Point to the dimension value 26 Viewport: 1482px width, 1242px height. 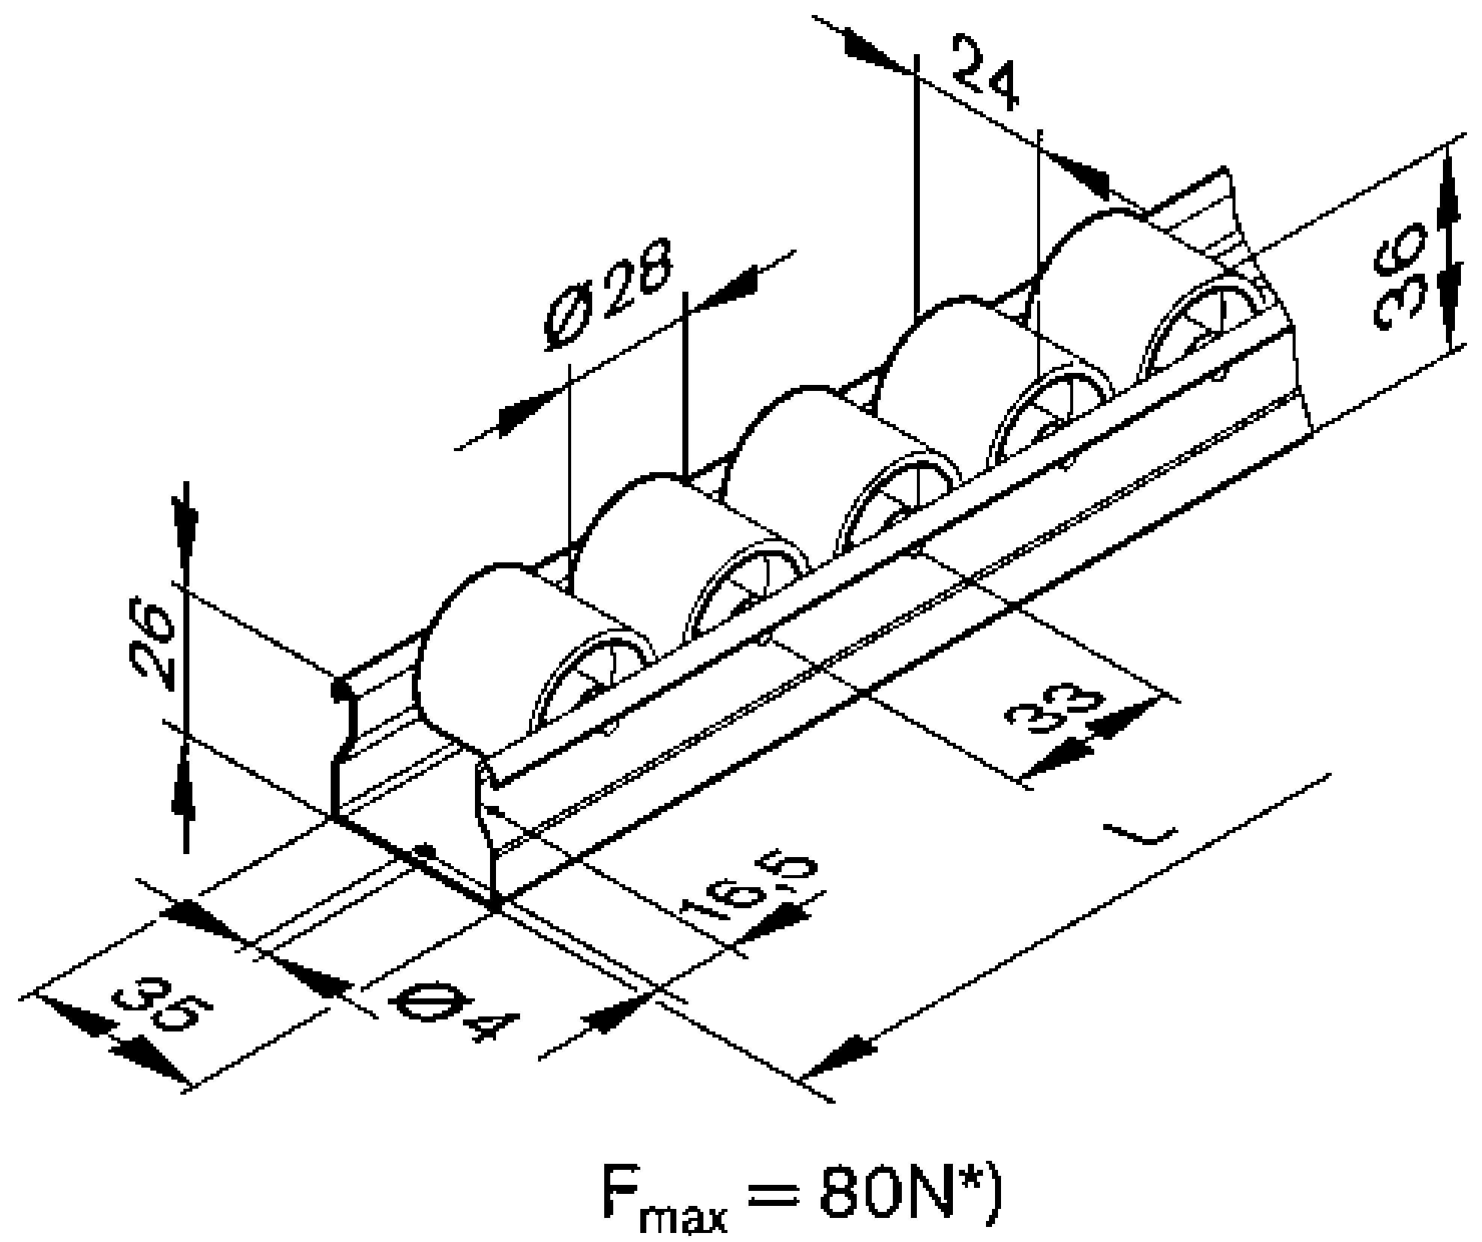(150, 643)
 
